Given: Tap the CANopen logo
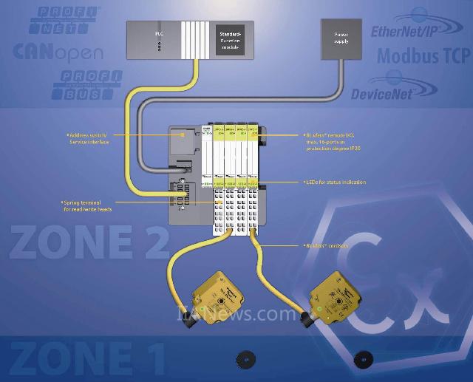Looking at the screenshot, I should tap(58, 52).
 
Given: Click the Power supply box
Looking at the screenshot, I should tap(341, 39).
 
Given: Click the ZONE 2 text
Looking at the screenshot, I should tap(89, 245).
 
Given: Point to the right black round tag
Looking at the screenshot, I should tap(363, 359).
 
